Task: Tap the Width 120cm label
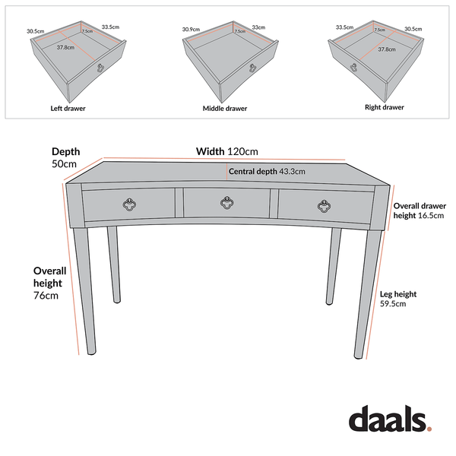click(x=227, y=151)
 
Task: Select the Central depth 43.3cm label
click(x=267, y=172)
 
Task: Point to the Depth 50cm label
click(x=65, y=157)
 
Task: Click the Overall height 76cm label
click(x=50, y=283)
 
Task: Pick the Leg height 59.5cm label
click(x=397, y=299)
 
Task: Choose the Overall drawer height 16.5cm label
click(x=419, y=211)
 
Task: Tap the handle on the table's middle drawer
click(x=226, y=202)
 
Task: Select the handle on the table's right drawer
click(x=325, y=204)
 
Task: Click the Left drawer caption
click(x=68, y=109)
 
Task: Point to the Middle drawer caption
click(x=224, y=109)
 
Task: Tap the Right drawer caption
click(x=384, y=108)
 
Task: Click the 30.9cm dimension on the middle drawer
click(x=191, y=30)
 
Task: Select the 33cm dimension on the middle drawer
click(x=259, y=27)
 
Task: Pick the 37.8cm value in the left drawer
click(x=66, y=47)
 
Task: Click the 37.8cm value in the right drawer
click(x=386, y=49)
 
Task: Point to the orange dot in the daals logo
click(x=429, y=429)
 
